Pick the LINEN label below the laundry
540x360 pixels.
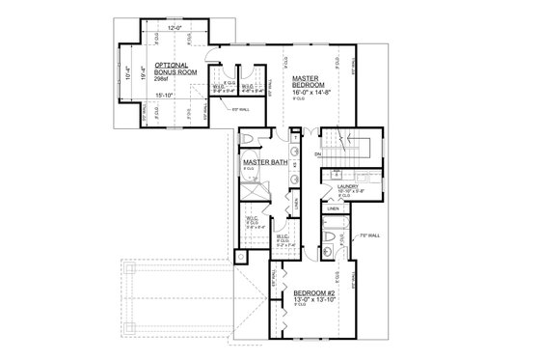(334, 208)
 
